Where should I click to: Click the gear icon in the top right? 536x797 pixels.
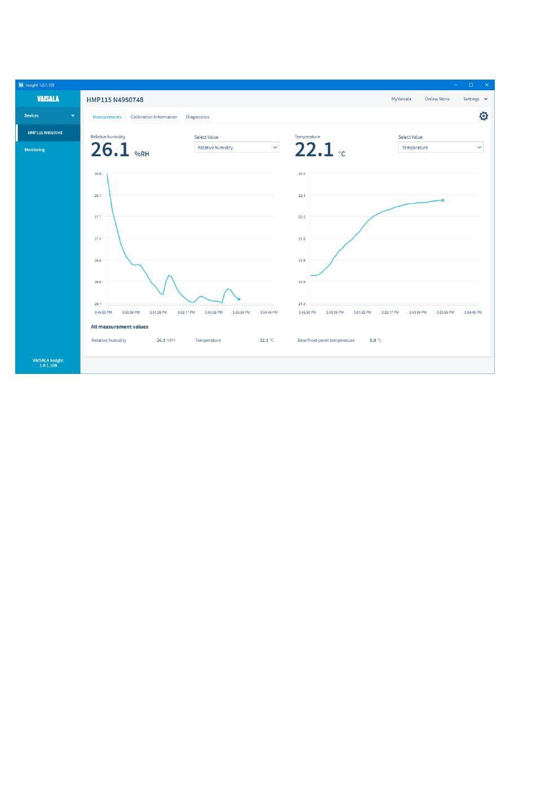pyautogui.click(x=484, y=116)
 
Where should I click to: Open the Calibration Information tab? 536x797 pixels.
pyautogui.click(x=153, y=117)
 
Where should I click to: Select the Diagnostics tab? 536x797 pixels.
pyautogui.click(x=197, y=117)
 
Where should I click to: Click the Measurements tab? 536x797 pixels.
pyautogui.click(x=107, y=117)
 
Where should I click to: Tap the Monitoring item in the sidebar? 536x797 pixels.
pyautogui.click(x=34, y=150)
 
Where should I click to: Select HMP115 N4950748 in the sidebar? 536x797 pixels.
pyautogui.click(x=45, y=133)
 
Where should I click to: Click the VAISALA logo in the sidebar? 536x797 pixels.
pyautogui.click(x=48, y=99)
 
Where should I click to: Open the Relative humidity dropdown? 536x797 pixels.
pyautogui.click(x=236, y=148)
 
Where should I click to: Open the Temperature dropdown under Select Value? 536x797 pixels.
pyautogui.click(x=441, y=148)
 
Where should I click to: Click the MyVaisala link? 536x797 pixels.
pyautogui.click(x=401, y=99)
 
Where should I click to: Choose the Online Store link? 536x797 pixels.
pyautogui.click(x=437, y=99)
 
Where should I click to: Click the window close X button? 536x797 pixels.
pyautogui.click(x=487, y=85)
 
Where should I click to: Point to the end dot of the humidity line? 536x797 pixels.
pyautogui.click(x=239, y=299)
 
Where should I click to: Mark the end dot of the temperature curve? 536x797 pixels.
pyautogui.click(x=443, y=200)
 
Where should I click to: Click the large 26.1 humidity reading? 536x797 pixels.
pyautogui.click(x=110, y=150)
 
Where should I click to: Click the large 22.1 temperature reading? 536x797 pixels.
pyautogui.click(x=314, y=150)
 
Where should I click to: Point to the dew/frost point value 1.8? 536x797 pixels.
pyautogui.click(x=373, y=341)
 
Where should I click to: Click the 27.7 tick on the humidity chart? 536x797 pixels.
pyautogui.click(x=98, y=217)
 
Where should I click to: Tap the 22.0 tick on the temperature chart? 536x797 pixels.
pyautogui.click(x=302, y=217)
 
